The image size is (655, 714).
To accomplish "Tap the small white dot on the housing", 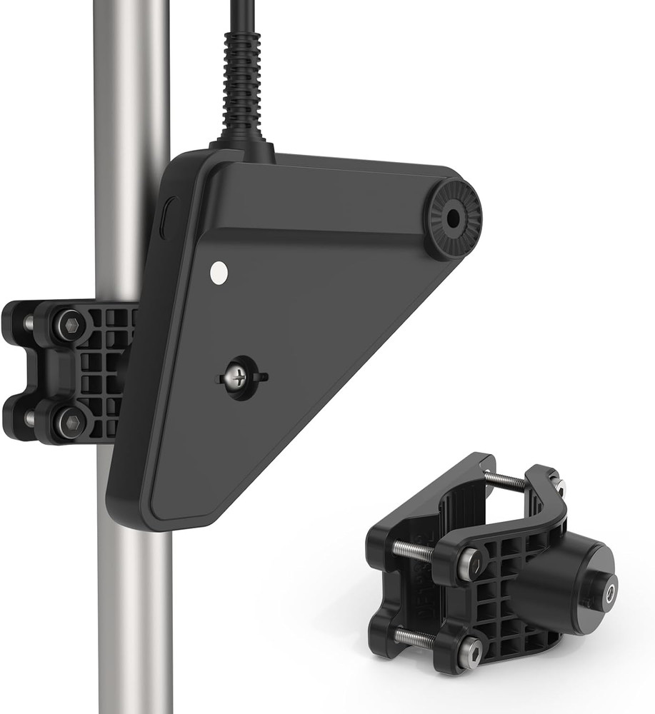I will pos(219,271).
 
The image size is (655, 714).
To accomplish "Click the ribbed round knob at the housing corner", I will pos(453,219).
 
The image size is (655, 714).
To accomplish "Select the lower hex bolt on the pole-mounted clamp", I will pos(69,422).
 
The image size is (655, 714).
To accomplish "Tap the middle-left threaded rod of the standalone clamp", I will pos(412,550).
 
